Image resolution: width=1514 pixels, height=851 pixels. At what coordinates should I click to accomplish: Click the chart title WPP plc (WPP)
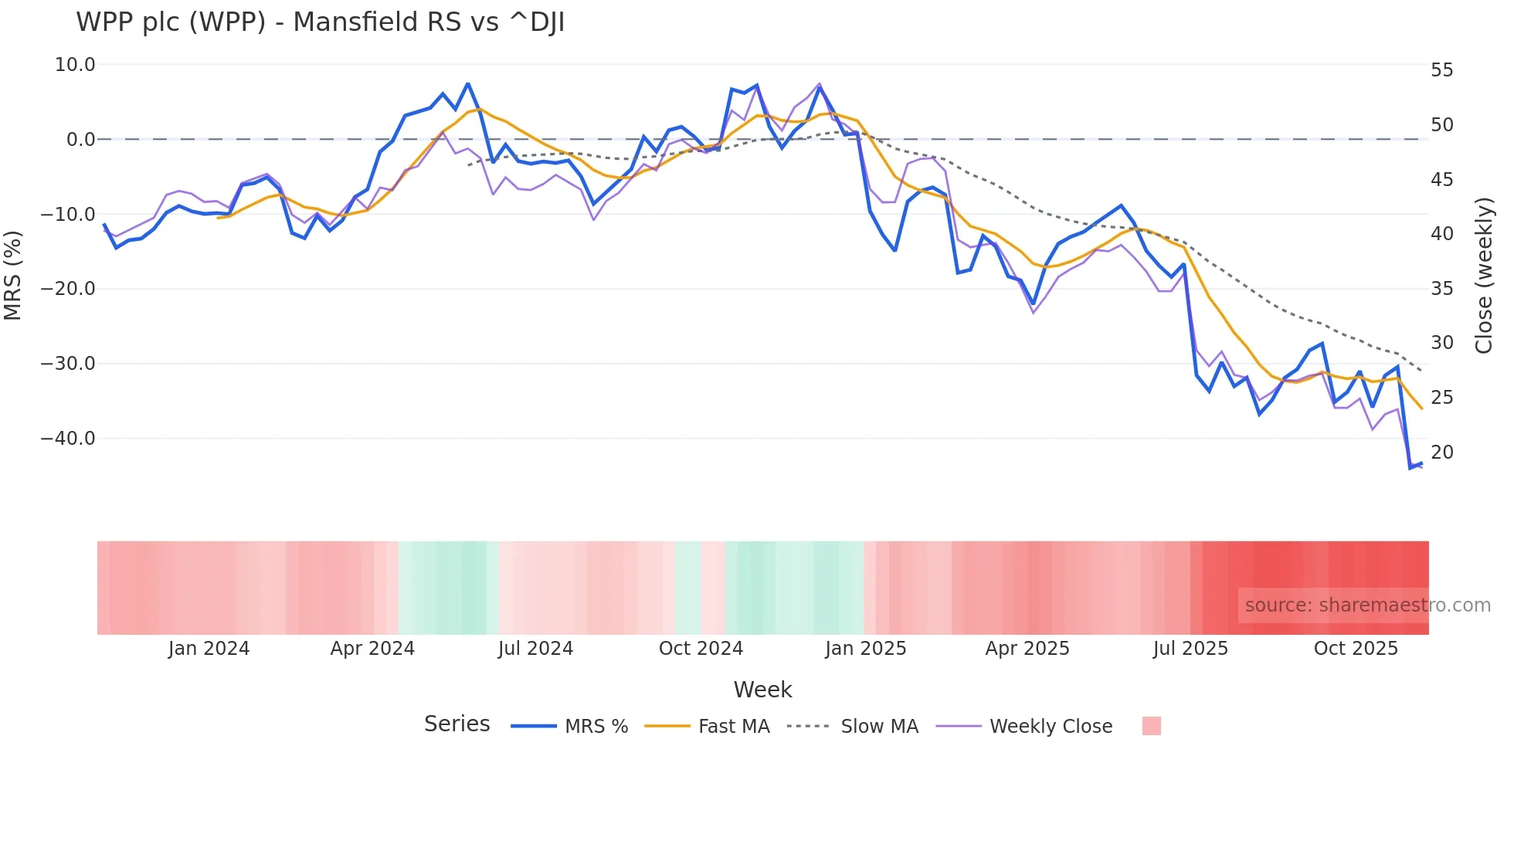point(320,22)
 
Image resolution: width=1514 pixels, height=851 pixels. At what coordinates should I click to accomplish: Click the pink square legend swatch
point(1151,726)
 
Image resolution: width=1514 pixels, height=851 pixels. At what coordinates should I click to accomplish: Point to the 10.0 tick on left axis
point(75,65)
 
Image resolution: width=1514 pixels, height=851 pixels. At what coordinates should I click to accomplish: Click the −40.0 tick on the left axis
point(68,439)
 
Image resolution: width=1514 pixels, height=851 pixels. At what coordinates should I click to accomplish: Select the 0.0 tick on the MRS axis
point(80,140)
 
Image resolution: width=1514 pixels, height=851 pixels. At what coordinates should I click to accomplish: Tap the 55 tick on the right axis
point(1441,70)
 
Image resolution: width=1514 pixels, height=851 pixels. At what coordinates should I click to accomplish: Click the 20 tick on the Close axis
point(1441,453)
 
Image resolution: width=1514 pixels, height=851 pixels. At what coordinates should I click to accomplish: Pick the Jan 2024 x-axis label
point(209,649)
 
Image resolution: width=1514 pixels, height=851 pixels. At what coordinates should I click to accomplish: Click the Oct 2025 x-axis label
point(1356,649)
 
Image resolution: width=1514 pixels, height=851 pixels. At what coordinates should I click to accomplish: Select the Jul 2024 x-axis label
point(535,649)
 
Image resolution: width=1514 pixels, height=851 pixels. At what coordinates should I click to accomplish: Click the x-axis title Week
point(762,690)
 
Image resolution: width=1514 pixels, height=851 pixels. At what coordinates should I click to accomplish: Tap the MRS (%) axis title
point(13,275)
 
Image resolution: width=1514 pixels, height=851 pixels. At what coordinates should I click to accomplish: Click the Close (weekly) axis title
point(1483,275)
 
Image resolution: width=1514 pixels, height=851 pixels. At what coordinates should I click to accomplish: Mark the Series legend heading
point(457,724)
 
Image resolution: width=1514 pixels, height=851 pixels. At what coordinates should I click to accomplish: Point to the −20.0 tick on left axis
point(68,289)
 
